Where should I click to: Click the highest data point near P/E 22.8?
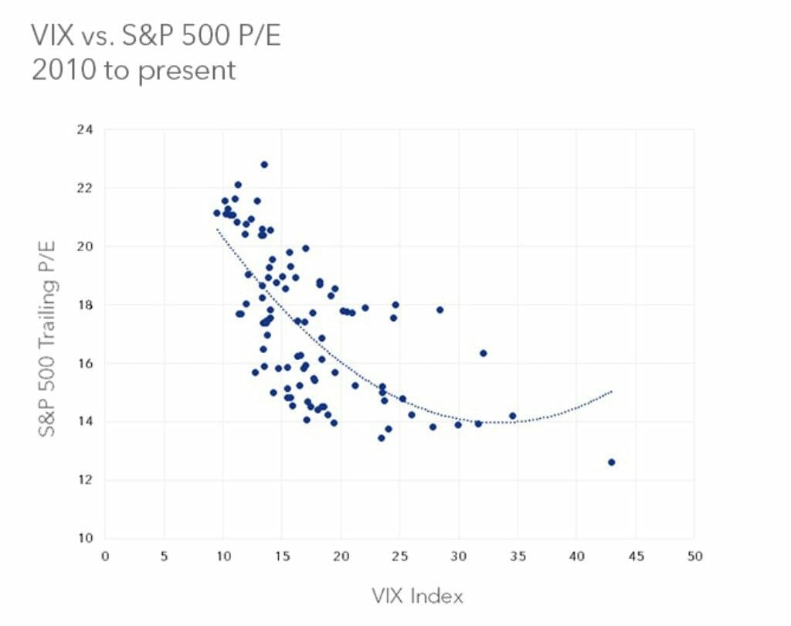pos(264,165)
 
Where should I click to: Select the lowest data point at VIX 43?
pos(612,462)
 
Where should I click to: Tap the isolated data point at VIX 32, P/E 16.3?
pos(484,353)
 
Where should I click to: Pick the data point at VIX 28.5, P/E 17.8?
pos(440,310)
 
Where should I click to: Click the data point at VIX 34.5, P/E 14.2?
pos(512,416)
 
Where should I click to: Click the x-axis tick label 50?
pos(694,556)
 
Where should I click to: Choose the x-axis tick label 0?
pos(105,556)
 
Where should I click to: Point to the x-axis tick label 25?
pos(399,556)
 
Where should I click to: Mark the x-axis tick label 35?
pos(518,556)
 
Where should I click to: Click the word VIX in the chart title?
pos(53,36)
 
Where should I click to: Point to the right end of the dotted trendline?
pos(612,391)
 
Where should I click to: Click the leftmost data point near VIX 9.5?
pos(217,213)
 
